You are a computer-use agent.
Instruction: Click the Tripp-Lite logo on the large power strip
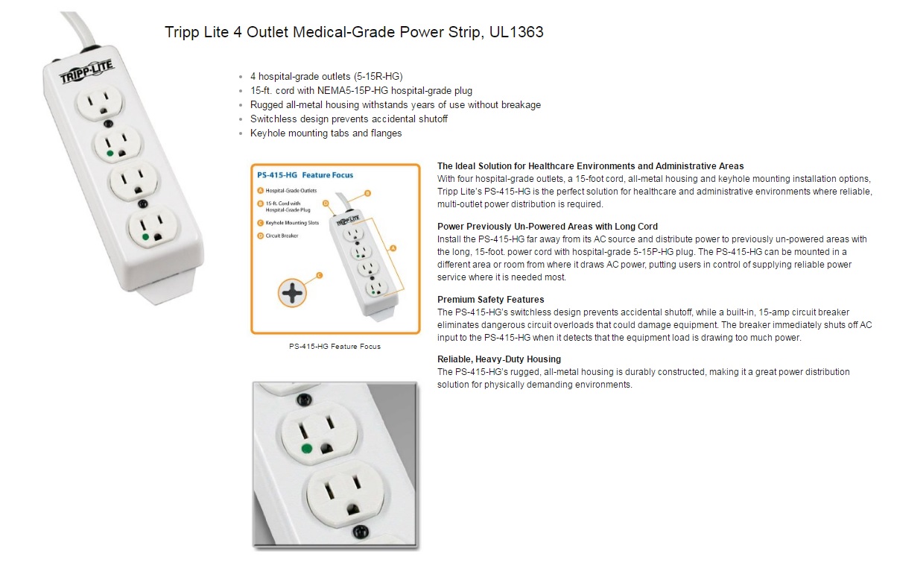(x=86, y=72)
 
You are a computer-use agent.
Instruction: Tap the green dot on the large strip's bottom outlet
(x=145, y=237)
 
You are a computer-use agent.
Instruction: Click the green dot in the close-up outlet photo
(x=306, y=449)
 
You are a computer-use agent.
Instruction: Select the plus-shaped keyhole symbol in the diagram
(x=292, y=293)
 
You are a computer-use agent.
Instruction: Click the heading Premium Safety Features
(x=490, y=300)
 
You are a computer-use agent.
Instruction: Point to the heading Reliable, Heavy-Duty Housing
(x=498, y=359)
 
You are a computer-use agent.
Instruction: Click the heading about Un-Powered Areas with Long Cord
(x=547, y=227)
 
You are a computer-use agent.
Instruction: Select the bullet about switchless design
(x=349, y=119)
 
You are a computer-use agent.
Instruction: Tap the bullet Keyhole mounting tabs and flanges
(x=326, y=133)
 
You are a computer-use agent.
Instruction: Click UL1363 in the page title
(x=516, y=32)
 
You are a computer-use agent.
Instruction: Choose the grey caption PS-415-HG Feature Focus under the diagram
(x=335, y=347)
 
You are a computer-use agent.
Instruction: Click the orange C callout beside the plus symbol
(x=319, y=275)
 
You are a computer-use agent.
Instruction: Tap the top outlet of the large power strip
(x=99, y=102)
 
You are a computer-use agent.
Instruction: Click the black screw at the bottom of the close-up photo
(x=360, y=532)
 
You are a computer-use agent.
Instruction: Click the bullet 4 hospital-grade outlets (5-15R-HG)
(x=326, y=77)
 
